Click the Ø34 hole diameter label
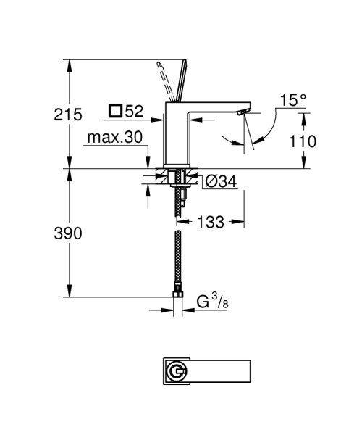click(x=220, y=182)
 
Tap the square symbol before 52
click(x=116, y=112)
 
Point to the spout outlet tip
click(x=243, y=113)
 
